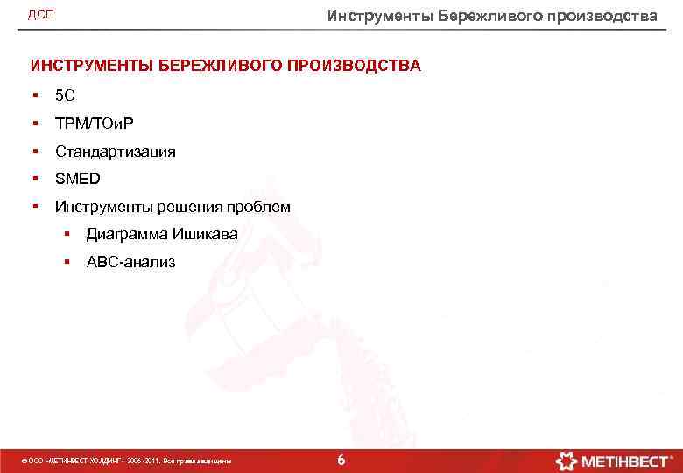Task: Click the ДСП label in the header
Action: tap(41, 16)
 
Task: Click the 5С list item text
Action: tap(65, 95)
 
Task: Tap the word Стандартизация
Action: tap(116, 152)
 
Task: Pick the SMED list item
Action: tap(78, 179)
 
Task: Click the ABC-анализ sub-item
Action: tap(130, 261)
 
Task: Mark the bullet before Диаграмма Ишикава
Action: tap(66, 234)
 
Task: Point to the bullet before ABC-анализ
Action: tap(66, 261)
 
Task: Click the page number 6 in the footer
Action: tap(341, 460)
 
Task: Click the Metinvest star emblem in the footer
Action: tap(567, 460)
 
